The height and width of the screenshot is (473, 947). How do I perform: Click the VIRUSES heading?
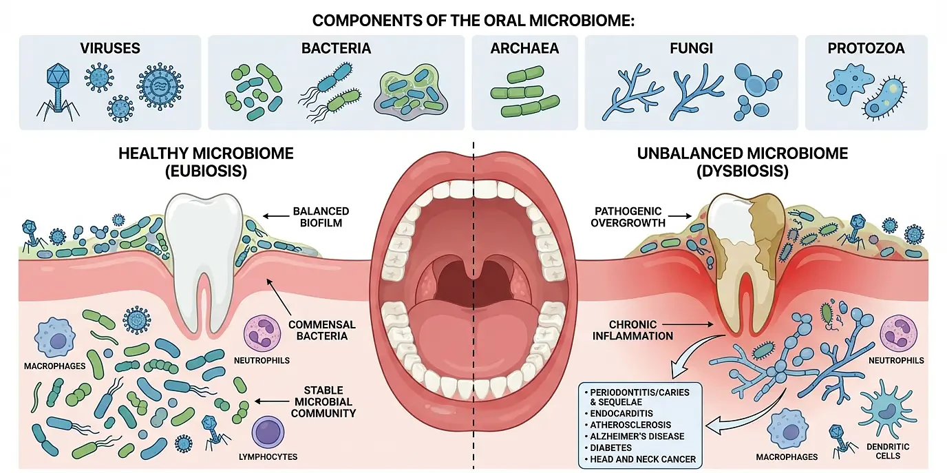pos(110,48)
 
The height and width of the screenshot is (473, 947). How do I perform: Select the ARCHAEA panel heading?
pos(524,48)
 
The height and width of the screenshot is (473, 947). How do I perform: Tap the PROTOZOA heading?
pos(866,48)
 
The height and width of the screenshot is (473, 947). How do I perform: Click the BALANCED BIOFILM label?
pos(321,216)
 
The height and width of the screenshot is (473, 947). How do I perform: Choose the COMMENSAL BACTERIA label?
pos(322,330)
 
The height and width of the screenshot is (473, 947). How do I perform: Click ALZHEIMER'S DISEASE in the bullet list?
pos(637,436)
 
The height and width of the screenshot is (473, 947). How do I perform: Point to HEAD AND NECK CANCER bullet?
pos(642,459)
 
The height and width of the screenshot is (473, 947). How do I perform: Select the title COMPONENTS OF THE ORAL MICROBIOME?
pos(473,20)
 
